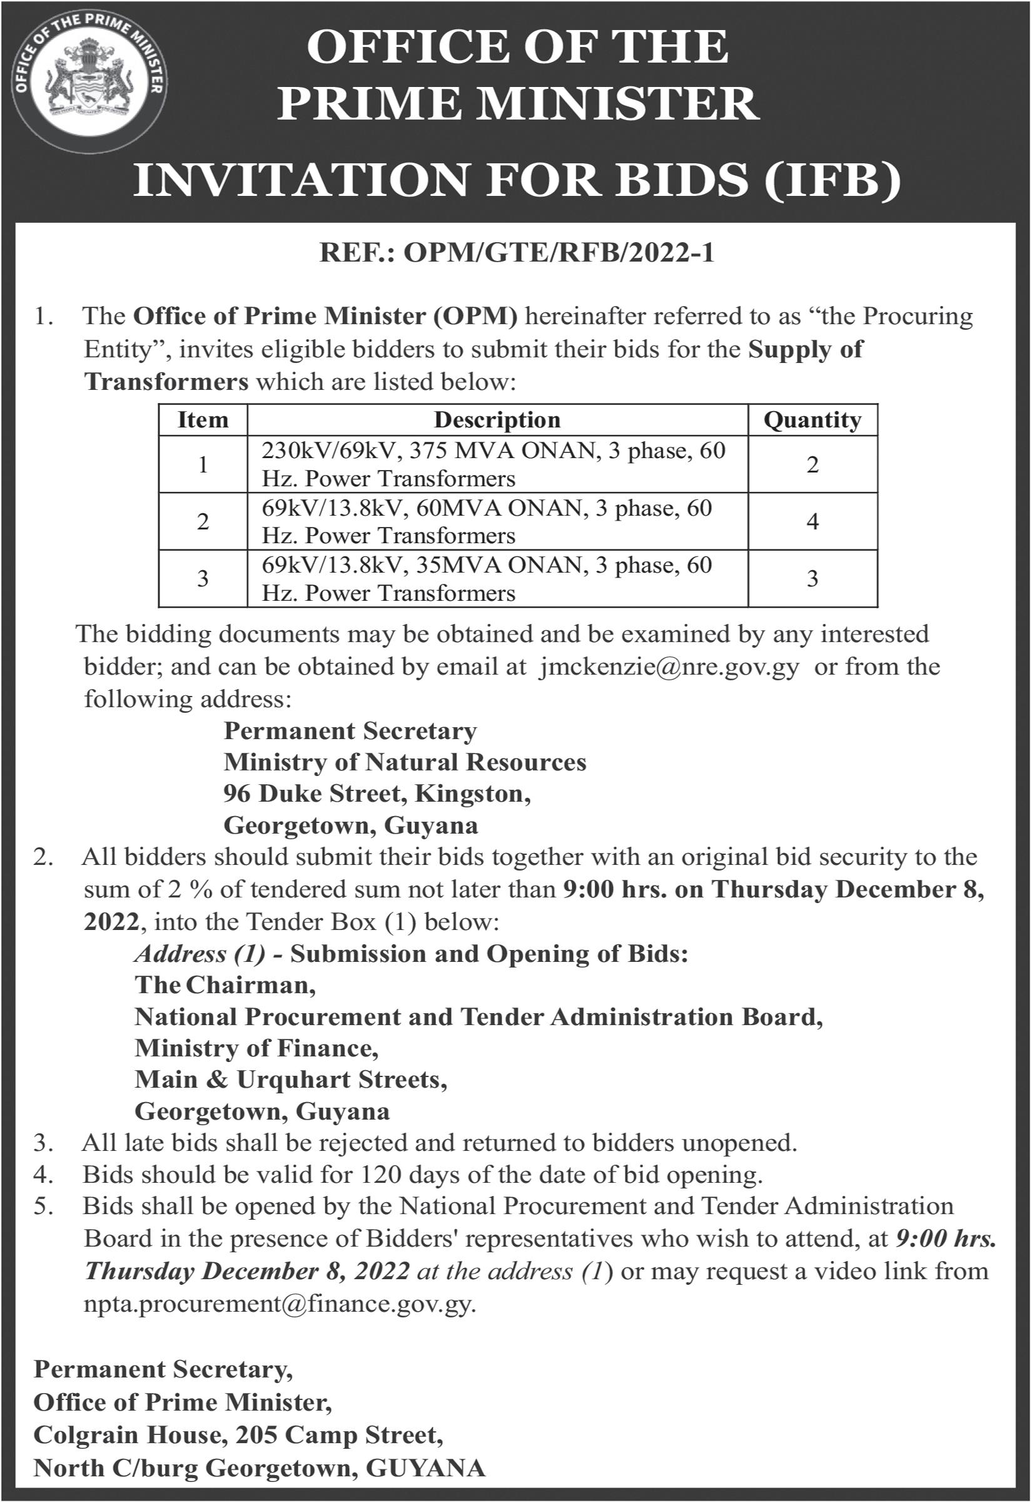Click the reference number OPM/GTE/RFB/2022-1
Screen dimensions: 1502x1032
pos(517,253)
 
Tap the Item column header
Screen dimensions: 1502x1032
pos(203,420)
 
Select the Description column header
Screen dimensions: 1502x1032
pos(497,420)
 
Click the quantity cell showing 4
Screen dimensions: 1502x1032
pos(813,521)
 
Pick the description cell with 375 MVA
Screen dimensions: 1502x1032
pos(494,464)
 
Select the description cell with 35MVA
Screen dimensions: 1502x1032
pos(487,578)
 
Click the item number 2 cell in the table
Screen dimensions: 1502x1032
pos(203,521)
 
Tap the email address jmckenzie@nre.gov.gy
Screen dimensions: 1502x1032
pos(669,667)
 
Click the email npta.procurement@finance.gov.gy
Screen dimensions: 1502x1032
pos(280,1304)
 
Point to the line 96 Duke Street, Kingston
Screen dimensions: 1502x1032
pos(377,794)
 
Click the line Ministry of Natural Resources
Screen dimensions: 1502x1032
pos(405,762)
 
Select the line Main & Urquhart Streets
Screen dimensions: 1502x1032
pos(290,1080)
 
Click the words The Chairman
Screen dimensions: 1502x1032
pos(225,985)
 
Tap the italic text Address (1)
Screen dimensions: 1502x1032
pos(200,954)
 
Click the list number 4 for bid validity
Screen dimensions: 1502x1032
pos(43,1175)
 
